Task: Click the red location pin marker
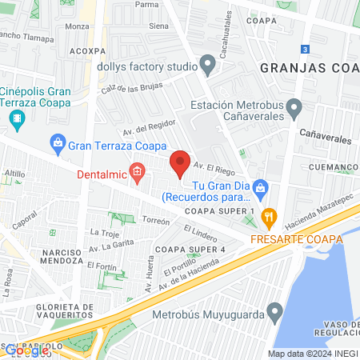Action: coord(181,162)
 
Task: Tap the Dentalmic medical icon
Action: coord(138,171)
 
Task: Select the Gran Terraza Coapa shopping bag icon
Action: coord(58,145)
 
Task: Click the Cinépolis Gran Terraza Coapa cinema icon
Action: coord(17,119)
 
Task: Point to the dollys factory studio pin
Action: coord(208,62)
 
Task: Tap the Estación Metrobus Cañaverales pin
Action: coord(294,106)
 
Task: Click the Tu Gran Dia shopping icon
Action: coord(259,187)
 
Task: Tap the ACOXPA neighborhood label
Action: coord(88,49)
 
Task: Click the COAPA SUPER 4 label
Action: coord(190,249)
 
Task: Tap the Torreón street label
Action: coord(156,221)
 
